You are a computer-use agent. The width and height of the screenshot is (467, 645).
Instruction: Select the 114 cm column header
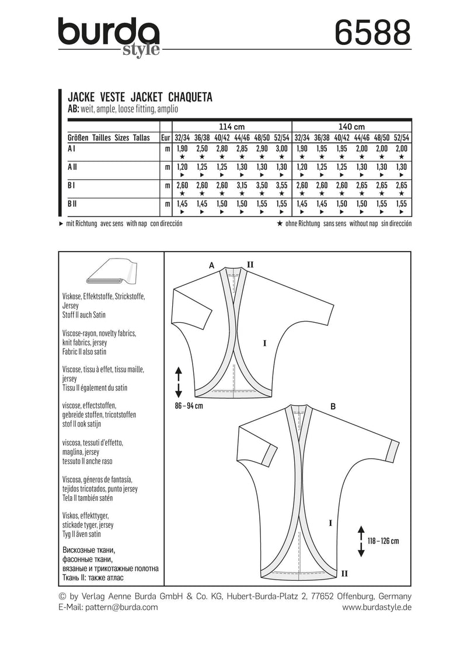point(232,127)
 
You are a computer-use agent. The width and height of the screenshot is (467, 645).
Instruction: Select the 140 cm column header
point(351,127)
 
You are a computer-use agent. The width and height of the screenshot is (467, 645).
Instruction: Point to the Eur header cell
point(166,138)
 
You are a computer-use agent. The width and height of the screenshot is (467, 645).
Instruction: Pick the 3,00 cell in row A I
point(281,149)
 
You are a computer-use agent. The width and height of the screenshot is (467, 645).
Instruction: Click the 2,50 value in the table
point(202,149)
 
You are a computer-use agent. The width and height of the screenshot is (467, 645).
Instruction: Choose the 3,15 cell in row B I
point(242,185)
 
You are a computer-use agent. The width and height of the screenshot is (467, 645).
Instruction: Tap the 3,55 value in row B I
point(281,185)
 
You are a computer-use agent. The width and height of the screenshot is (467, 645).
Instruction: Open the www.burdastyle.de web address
point(376,607)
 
